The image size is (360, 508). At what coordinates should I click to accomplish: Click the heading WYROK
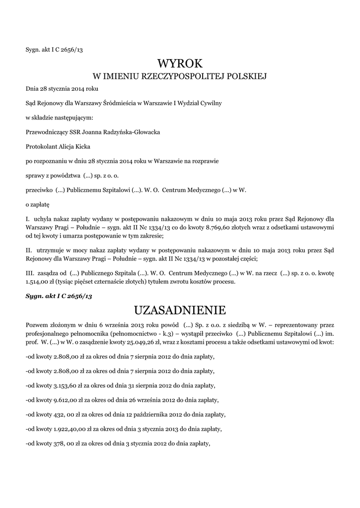[180, 63]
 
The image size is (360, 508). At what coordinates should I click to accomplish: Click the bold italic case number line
[59, 296]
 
